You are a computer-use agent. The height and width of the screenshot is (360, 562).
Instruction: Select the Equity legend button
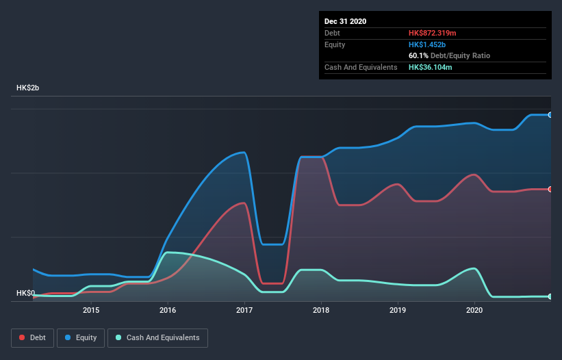81,337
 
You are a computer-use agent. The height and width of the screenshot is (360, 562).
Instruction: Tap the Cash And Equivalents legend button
157,337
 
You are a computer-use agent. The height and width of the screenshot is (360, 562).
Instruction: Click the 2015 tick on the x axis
91,310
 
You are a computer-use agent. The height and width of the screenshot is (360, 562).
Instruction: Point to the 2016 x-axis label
168,310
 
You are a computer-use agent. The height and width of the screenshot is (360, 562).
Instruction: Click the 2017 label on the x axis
244,310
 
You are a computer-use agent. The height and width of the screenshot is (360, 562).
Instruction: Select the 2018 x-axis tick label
321,310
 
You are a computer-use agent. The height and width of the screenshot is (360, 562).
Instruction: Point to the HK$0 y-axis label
25,293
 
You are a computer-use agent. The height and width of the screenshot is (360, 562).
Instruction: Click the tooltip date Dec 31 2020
346,21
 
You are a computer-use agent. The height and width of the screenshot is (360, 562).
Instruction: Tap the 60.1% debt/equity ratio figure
418,55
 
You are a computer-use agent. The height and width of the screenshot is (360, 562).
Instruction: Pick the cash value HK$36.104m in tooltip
431,67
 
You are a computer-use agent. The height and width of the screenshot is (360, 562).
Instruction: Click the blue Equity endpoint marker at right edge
550,115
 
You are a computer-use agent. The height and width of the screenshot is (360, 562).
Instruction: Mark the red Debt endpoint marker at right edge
550,190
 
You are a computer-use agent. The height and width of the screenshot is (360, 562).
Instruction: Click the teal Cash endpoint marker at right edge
550,296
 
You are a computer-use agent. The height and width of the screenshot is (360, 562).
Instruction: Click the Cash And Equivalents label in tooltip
361,67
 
